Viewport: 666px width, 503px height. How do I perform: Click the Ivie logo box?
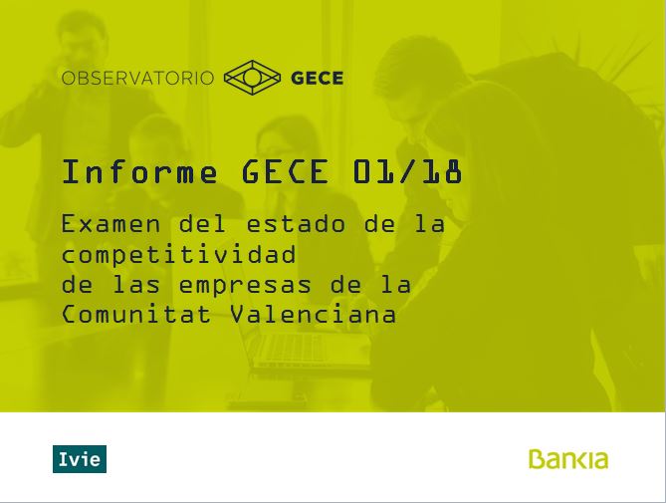click(x=80, y=459)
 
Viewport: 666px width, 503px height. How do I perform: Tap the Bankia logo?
click(x=568, y=459)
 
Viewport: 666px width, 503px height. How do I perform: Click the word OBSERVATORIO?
click(x=138, y=78)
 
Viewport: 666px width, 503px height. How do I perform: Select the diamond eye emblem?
click(x=252, y=78)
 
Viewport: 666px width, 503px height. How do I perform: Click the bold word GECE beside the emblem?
click(x=318, y=78)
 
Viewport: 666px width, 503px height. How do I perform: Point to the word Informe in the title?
click(x=139, y=171)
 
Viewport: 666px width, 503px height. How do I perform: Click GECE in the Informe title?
click(x=285, y=171)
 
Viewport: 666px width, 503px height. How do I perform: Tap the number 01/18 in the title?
click(x=407, y=171)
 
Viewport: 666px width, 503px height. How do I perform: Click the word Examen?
click(x=111, y=224)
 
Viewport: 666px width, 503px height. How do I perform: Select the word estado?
click(x=296, y=224)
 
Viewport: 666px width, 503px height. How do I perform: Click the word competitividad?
click(x=179, y=254)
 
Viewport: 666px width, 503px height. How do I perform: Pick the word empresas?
click(x=245, y=285)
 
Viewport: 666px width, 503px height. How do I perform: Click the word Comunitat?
click(x=136, y=315)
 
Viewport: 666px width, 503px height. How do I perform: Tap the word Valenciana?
click(x=314, y=315)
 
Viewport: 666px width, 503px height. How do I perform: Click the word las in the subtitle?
click(x=136, y=284)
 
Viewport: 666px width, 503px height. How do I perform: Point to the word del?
click(x=202, y=223)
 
